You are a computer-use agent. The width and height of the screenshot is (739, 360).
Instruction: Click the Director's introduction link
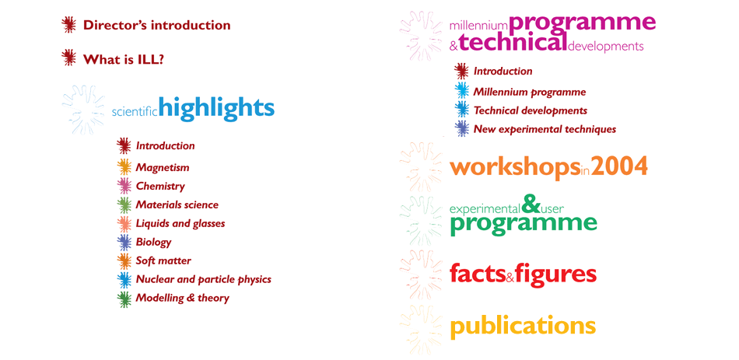156,26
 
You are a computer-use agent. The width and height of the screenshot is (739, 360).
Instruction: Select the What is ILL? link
123,59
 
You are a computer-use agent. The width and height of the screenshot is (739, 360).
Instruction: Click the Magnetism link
162,167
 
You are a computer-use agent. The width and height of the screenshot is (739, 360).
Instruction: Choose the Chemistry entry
160,186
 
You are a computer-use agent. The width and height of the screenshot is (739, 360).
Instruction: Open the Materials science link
177,204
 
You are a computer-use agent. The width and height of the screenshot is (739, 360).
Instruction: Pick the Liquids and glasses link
180,223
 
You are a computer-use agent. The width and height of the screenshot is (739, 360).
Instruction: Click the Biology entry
153,242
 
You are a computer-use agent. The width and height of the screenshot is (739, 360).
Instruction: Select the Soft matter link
163,260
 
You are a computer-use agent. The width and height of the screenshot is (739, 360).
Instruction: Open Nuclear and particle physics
203,279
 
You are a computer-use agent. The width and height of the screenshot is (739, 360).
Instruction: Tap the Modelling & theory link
182,298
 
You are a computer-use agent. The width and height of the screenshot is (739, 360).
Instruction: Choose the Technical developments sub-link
530,110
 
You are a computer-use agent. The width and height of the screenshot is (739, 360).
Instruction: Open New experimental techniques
545,129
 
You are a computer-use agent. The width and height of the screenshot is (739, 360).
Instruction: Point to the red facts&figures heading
523,274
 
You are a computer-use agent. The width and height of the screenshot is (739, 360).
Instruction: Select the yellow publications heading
523,325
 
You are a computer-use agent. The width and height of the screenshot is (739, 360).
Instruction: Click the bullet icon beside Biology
123,242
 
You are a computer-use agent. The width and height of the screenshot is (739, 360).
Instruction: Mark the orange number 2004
619,166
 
